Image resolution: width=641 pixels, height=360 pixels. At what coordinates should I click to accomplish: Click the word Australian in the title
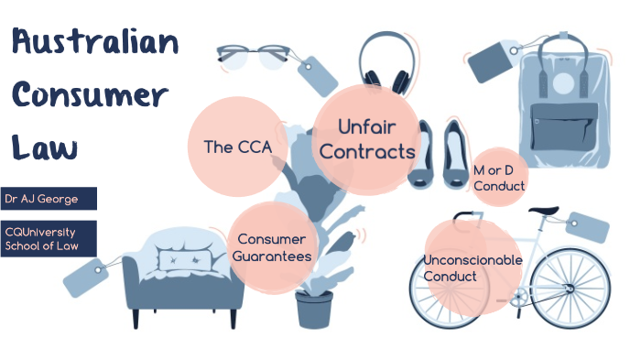tap(95, 43)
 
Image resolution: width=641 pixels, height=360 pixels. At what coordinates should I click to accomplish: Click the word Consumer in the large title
tap(89, 95)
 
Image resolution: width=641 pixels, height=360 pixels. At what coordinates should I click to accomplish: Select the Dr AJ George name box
tap(48, 198)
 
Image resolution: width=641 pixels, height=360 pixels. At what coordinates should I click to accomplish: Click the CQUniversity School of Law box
tap(48, 238)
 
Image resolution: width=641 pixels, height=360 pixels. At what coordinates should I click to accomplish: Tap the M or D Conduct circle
tap(499, 178)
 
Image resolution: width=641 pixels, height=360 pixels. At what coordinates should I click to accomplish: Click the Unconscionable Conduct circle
tap(472, 268)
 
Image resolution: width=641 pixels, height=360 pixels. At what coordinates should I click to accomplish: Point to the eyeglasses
tap(254, 57)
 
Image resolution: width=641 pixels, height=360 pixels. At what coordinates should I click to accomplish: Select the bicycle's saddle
tap(546, 212)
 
